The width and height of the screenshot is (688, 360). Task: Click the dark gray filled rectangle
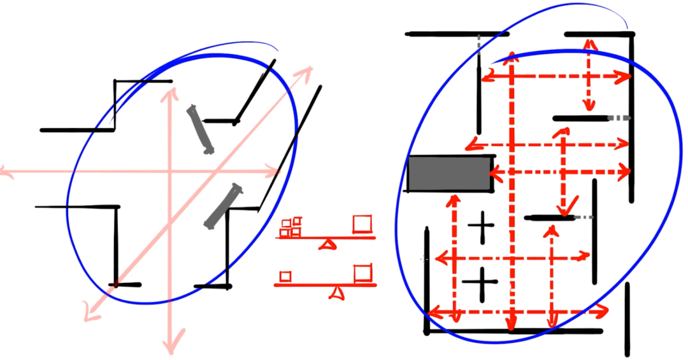[x=450, y=173]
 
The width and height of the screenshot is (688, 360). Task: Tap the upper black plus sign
[x=482, y=226]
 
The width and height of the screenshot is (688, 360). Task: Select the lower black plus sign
[x=482, y=282]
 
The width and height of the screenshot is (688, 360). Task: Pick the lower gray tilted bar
[x=222, y=205]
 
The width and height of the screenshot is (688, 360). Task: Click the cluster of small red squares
[x=291, y=227]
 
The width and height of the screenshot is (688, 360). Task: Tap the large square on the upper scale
[x=362, y=223]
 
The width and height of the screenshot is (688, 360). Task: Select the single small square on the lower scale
[x=285, y=276]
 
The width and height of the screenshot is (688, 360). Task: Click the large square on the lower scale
[x=362, y=272]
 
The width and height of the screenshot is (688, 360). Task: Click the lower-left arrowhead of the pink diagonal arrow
[x=89, y=315]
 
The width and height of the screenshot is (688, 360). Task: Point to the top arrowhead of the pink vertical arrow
[x=170, y=93]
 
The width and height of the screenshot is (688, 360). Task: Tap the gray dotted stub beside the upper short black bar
[x=619, y=118]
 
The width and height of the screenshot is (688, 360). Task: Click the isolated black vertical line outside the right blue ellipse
[x=627, y=319]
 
